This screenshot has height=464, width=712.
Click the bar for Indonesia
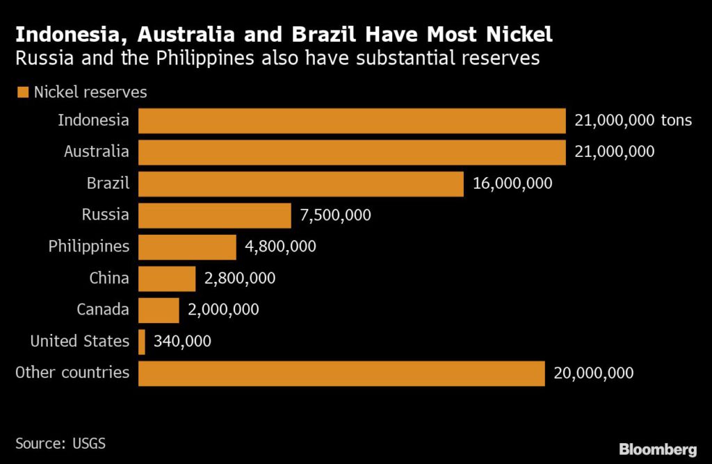tap(352, 121)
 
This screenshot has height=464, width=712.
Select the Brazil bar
tap(301, 184)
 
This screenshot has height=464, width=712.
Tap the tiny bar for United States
tap(142, 342)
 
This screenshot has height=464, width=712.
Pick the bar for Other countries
tap(341, 373)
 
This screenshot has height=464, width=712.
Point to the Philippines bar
tap(188, 247)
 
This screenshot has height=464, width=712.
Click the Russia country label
tap(105, 215)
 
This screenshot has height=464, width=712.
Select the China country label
tap(109, 279)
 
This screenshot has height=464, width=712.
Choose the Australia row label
tap(96, 151)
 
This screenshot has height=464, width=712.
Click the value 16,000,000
tap(512, 184)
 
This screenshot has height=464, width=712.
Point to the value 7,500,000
tap(335, 215)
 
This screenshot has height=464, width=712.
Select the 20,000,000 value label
tap(593, 373)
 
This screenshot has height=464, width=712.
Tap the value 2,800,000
tap(240, 279)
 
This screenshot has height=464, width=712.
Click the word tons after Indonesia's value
tap(677, 121)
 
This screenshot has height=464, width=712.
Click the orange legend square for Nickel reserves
tap(22, 92)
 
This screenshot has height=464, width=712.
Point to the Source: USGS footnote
tap(60, 442)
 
